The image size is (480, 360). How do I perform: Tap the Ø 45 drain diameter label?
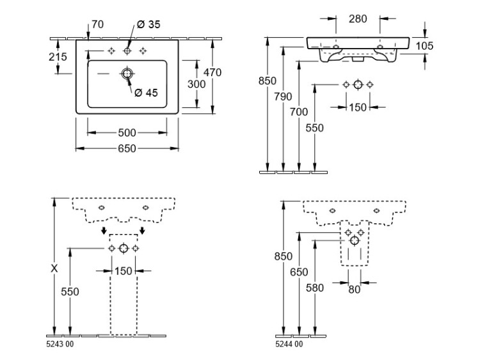pos(147,93)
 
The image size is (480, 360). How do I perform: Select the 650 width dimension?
pos(127,149)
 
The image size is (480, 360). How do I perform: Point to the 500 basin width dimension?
pos(127,133)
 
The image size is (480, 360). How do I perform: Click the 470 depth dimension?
pos(212,72)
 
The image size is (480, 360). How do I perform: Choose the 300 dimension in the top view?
pos(196,84)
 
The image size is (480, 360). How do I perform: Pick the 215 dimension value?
pos(58,57)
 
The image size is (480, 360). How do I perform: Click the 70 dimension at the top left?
pos(97,25)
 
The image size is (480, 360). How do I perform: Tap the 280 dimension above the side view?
pos(358,19)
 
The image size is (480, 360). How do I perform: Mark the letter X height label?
pos(54,269)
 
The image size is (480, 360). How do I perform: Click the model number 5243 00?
pos(61,345)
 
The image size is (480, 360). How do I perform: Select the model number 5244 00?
pos(290,345)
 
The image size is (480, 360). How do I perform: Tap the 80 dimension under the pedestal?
pos(355,289)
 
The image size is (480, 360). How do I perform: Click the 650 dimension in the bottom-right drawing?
pos(299,272)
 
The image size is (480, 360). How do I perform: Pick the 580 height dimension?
pos(315,288)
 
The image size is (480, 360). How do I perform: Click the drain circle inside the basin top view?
pos(127,74)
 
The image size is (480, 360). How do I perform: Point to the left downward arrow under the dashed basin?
pos(104,231)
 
